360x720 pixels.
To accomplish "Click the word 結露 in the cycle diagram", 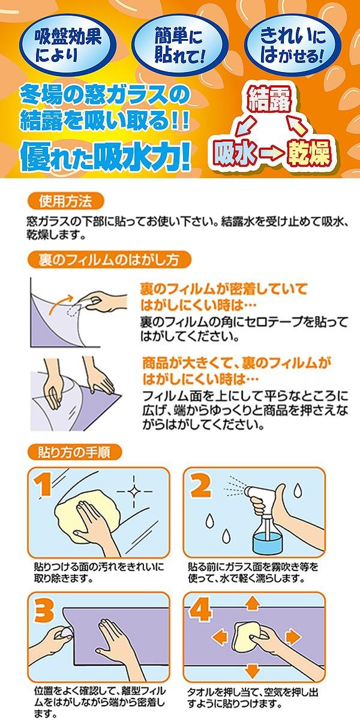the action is (x=270, y=100).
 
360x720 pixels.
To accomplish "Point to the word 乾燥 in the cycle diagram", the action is (x=309, y=153).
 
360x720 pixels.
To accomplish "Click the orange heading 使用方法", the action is (x=65, y=202).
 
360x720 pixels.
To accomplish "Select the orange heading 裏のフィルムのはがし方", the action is (x=109, y=260).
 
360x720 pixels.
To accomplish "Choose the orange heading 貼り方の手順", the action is (x=74, y=452).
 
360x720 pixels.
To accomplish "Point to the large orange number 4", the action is (x=200, y=610).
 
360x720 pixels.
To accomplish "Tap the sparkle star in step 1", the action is (x=134, y=491).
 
